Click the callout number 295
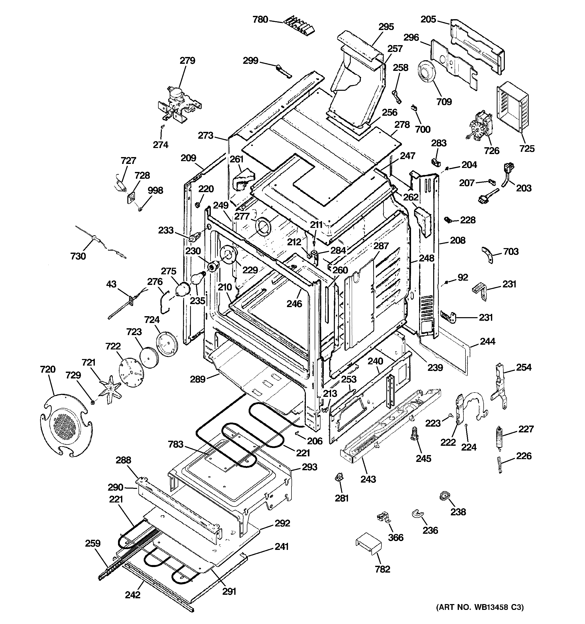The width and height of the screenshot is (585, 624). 386,27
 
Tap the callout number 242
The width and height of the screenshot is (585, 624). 133,595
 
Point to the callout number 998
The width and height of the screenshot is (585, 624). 155,191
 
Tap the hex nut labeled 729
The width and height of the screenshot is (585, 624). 93,402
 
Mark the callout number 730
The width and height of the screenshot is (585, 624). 78,256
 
